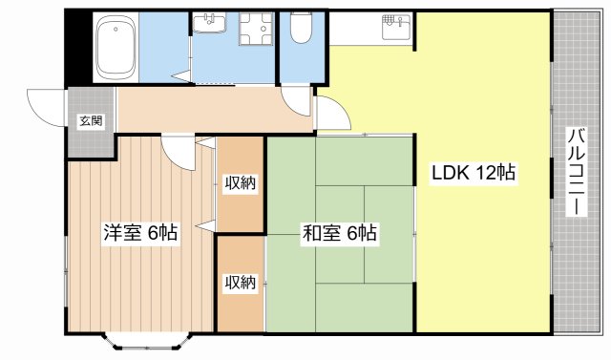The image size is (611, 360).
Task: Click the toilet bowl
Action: [300, 33]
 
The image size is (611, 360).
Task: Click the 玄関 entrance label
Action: [91, 121]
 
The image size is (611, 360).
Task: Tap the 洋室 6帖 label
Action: [139, 231]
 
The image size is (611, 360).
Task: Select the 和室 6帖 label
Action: [340, 232]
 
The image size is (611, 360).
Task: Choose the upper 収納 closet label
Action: [240, 182]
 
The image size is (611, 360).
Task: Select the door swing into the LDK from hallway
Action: [329, 115]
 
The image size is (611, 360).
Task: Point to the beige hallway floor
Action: [210, 109]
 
